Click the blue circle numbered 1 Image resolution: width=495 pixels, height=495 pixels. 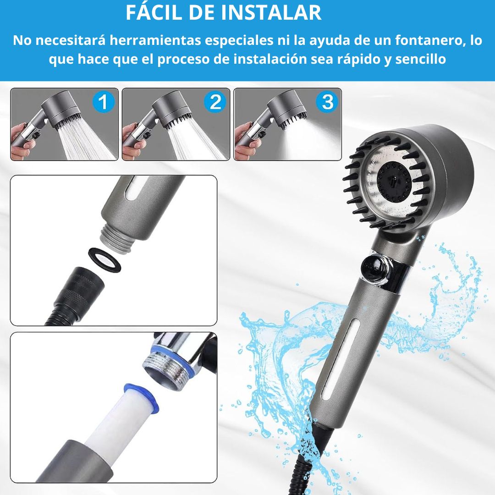click(103, 102)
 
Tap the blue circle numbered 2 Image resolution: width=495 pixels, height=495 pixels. click(215, 102)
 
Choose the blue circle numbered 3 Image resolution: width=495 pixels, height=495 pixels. click(327, 102)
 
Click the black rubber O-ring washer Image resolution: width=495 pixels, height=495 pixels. click(104, 260)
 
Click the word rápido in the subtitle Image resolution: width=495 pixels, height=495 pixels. click(358, 59)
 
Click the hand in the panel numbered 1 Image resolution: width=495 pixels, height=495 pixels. click(22, 141)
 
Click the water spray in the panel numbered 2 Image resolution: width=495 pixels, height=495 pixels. click(195, 141)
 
